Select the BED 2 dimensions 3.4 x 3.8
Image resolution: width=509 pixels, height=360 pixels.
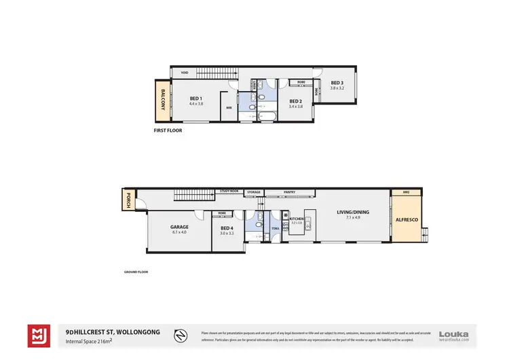[295, 107]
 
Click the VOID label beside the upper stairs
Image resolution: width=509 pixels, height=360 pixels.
[183, 72]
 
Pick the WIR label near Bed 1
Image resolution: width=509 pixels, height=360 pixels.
[229, 107]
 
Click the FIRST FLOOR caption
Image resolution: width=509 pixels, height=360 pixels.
[168, 130]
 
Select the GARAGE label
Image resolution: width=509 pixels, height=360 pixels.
[179, 227]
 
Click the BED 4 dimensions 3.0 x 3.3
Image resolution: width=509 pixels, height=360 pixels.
[227, 233]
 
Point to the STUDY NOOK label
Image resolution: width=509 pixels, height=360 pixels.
[229, 192]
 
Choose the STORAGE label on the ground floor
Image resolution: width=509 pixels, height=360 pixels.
[254, 192]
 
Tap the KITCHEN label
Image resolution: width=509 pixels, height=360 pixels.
[297, 219]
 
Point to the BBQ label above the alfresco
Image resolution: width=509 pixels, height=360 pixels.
[407, 192]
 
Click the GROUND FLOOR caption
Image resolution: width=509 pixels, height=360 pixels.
[136, 272]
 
